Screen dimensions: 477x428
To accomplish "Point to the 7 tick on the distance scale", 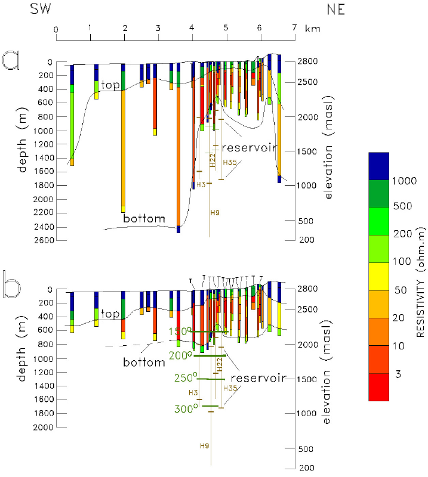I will point(294,28).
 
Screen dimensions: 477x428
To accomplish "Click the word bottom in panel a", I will point(144,219).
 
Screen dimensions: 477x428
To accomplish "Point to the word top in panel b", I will point(110,313).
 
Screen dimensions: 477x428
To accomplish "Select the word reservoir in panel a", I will point(247,147).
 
